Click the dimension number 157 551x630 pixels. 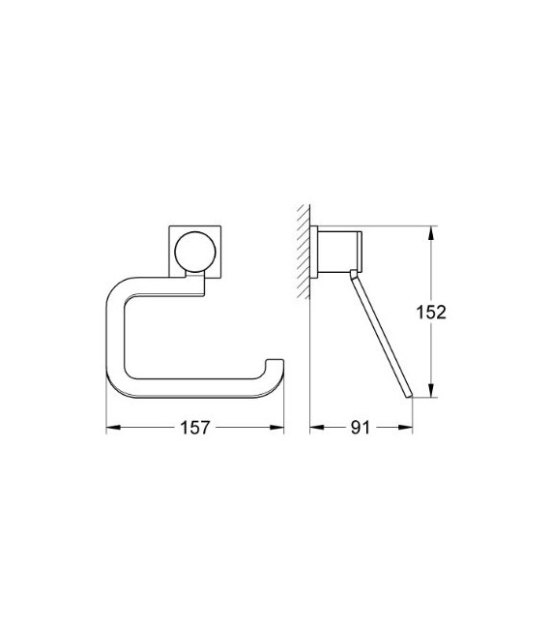point(193,427)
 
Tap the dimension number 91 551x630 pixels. point(361,427)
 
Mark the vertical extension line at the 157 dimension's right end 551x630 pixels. point(282,406)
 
